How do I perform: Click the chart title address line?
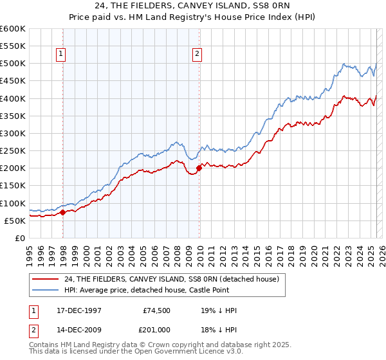(x=193, y=6)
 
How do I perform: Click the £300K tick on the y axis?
(x=14, y=133)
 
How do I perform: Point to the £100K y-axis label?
(x=14, y=203)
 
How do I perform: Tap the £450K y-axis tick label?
(x=14, y=81)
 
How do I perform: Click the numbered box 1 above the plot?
(x=61, y=55)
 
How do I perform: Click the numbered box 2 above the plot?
(x=196, y=55)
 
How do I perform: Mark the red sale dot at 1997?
(x=62, y=212)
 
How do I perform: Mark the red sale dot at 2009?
(x=199, y=168)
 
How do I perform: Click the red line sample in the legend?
(x=45, y=279)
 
